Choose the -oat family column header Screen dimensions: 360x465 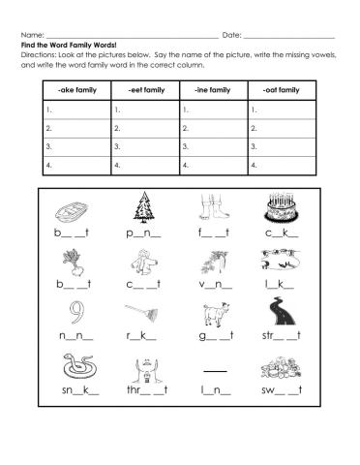coord(282,90)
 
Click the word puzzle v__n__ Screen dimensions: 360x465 coord(212,286)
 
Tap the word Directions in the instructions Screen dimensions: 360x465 coord(38,55)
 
